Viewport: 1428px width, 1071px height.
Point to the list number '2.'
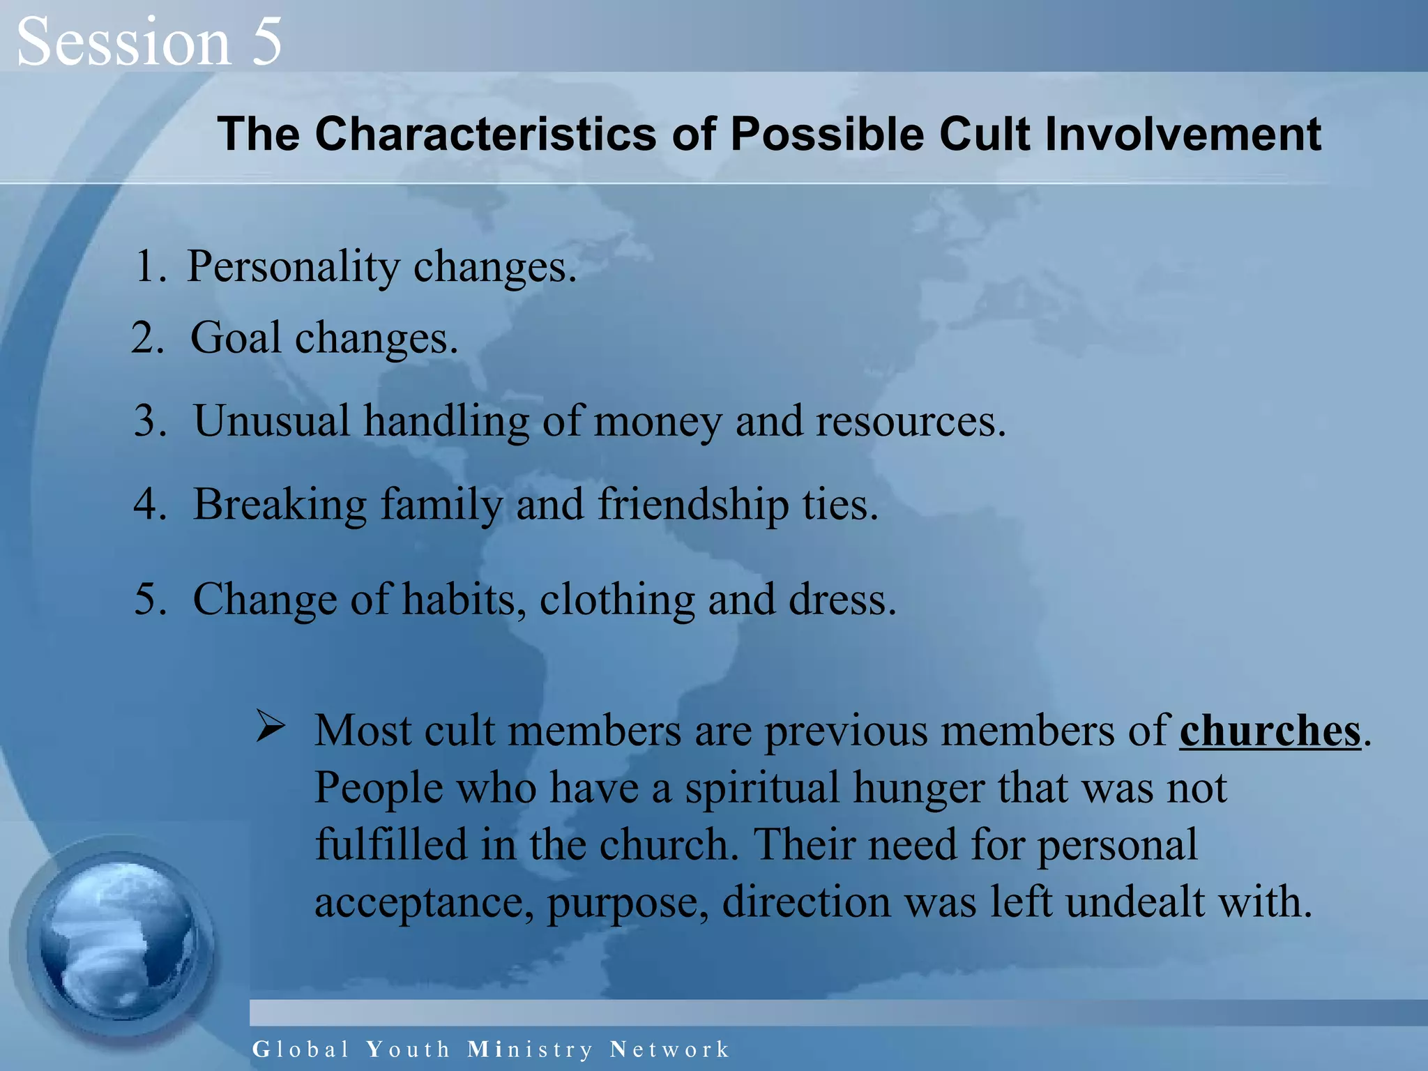tap(148, 339)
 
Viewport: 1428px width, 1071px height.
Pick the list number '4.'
tap(150, 505)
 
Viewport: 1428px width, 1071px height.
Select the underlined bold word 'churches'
tap(1270, 732)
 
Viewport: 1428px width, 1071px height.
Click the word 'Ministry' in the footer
tap(530, 1049)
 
